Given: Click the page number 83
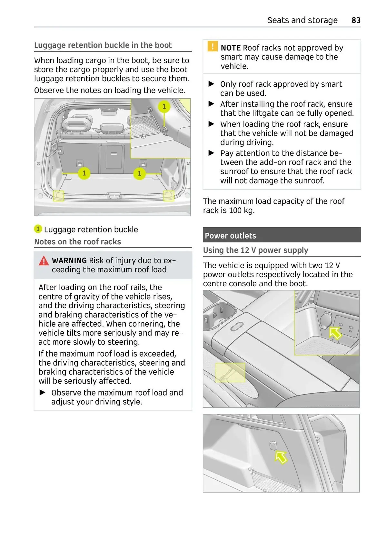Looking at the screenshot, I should click(x=356, y=20).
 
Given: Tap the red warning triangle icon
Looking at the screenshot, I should click(x=44, y=261).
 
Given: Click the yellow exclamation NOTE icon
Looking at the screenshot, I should click(x=213, y=46).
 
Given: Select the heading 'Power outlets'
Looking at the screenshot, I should click(x=230, y=236).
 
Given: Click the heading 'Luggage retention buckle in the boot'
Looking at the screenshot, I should click(x=103, y=45).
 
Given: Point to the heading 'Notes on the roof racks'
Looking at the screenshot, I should click(x=77, y=242).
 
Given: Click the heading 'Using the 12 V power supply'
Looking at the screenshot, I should click(x=255, y=250).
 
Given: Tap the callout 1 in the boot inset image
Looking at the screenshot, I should click(x=164, y=106).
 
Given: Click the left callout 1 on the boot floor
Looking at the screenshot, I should click(x=84, y=173).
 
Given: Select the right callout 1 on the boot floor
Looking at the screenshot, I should click(x=139, y=173).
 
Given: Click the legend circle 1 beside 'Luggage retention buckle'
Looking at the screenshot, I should click(x=38, y=229).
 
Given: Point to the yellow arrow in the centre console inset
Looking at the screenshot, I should click(x=335, y=333).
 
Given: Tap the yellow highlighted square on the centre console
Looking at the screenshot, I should click(x=230, y=372).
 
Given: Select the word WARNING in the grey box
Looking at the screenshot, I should click(x=69, y=260).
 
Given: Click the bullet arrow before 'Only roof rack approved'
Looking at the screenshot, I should click(x=212, y=84).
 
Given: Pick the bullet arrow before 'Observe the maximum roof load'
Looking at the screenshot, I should click(x=43, y=392).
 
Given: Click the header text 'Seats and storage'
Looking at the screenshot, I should click(x=302, y=20).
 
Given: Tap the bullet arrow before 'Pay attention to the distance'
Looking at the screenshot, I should click(x=212, y=153).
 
